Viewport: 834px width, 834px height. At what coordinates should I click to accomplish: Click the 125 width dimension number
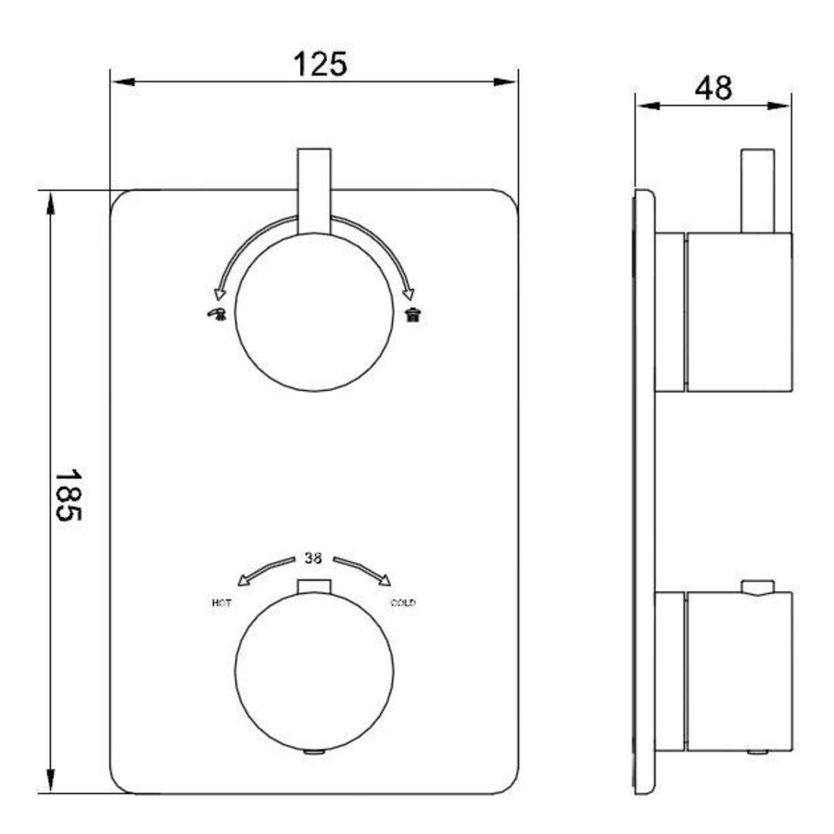pos(321,64)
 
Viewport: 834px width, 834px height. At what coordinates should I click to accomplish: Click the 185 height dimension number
pos(68,495)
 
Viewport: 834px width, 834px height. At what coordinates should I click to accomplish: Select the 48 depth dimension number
pos(714,88)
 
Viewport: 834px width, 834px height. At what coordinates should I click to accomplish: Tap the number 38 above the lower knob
pos(313,558)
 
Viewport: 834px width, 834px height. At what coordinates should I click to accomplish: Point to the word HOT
pos(221,602)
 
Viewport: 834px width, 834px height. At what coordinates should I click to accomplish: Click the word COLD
pos(403,602)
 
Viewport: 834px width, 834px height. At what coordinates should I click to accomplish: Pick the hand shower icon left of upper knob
pos(217,314)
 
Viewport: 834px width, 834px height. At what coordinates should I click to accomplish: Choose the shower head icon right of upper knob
pos(413,314)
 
